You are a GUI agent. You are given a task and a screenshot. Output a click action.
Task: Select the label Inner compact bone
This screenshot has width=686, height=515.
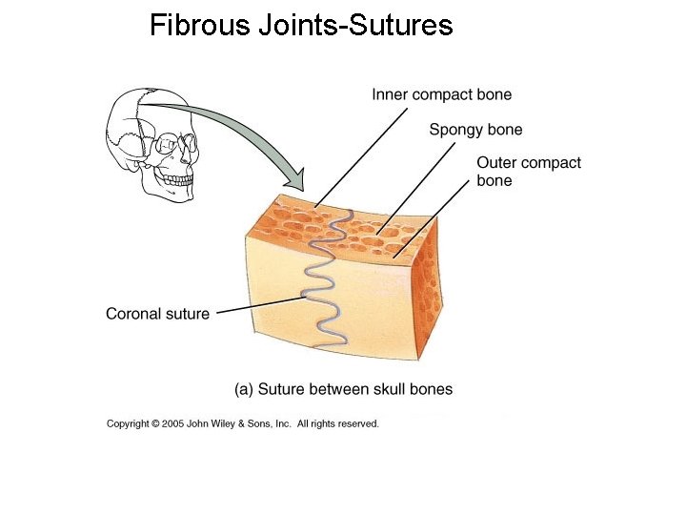(441, 94)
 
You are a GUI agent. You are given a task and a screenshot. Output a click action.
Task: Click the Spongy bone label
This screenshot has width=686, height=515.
(475, 130)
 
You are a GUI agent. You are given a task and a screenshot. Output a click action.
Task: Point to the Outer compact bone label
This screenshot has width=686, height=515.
(528, 172)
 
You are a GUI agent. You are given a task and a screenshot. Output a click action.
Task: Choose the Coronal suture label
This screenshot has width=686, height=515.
(157, 314)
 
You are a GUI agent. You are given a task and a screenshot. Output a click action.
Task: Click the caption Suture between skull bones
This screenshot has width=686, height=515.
(354, 389)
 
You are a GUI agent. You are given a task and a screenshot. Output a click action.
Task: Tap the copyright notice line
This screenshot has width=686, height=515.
(242, 423)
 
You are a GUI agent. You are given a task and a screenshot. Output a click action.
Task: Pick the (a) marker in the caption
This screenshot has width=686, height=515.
(244, 389)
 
